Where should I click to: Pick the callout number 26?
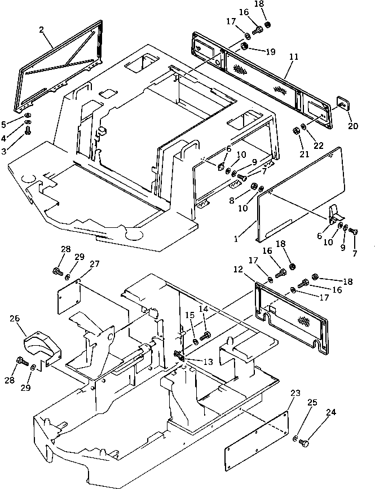[16, 319]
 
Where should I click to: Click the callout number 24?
[330, 412]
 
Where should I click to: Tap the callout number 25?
[312, 402]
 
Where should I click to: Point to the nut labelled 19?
[245, 46]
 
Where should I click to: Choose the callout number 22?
[319, 145]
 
